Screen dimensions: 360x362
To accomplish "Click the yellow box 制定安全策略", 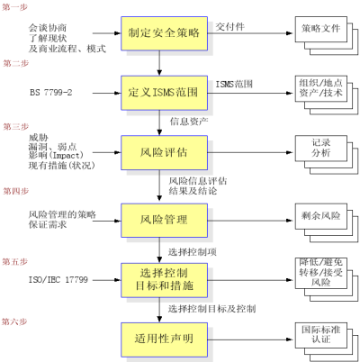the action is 164,33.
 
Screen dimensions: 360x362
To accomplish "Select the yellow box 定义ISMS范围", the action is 164,93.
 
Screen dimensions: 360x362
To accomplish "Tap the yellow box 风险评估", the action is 164,152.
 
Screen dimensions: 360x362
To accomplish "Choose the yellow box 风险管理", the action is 164,221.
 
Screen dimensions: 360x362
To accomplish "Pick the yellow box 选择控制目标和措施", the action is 164,280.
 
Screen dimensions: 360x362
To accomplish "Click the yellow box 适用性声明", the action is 164,339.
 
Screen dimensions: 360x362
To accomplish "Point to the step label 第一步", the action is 15,7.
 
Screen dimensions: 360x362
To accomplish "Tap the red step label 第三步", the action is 16,127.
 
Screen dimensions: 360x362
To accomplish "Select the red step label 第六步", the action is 14,321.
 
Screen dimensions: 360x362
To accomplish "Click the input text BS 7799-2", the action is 51,93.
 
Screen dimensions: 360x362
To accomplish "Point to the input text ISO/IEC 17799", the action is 58,280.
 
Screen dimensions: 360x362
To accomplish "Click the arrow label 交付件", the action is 230,26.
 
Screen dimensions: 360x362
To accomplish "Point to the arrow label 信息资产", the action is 189,122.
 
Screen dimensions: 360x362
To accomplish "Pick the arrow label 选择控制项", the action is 193,252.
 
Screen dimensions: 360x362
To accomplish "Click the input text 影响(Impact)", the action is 56,156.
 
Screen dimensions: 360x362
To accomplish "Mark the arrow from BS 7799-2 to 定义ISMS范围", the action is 106,93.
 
